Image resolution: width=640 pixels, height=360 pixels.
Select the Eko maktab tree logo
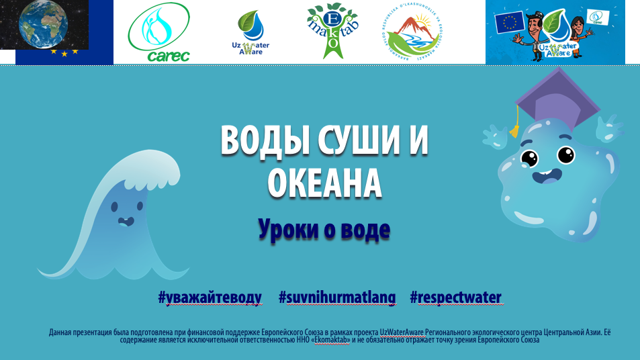pyautogui.click(x=328, y=31)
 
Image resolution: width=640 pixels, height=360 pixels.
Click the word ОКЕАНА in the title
pyautogui.click(x=325, y=183)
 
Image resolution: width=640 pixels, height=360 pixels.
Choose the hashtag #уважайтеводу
pyautogui.click(x=210, y=298)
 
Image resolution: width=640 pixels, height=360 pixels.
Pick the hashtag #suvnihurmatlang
pyautogui.click(x=337, y=298)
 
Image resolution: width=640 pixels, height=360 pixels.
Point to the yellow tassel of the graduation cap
pyautogui.click(x=514, y=128)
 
